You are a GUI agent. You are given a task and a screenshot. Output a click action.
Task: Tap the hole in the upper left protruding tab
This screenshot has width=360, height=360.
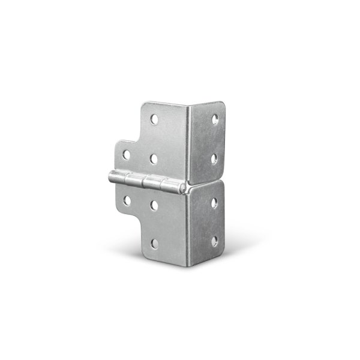(127, 154)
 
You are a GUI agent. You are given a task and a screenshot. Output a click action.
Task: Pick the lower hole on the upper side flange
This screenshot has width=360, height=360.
(215, 157)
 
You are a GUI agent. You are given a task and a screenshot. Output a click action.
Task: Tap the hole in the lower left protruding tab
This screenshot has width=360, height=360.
(127, 199)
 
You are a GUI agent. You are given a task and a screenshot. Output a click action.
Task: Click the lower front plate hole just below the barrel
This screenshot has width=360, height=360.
(154, 205)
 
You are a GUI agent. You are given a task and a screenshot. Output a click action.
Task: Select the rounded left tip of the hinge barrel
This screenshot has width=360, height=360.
(109, 176)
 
